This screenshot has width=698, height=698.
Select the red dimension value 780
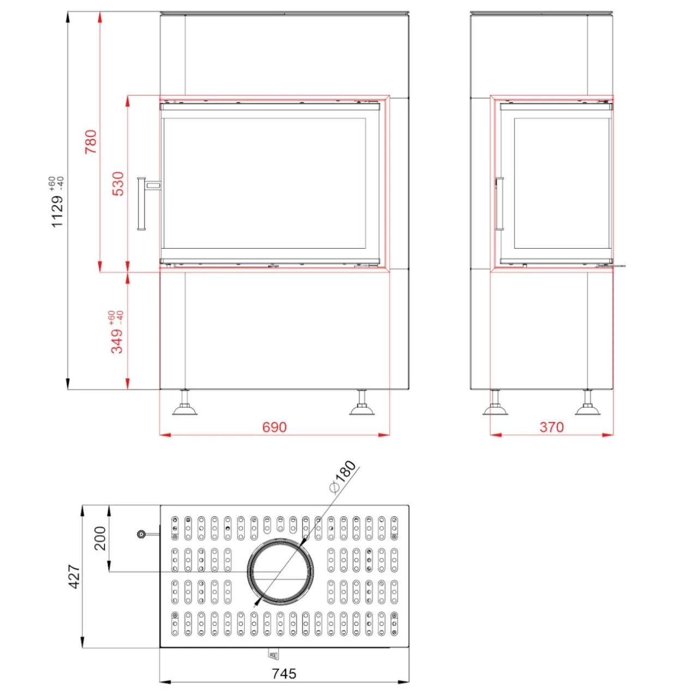pyautogui.click(x=91, y=142)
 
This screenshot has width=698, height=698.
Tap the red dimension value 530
pyautogui.click(x=118, y=184)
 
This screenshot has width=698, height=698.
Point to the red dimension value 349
pyautogui.click(x=117, y=341)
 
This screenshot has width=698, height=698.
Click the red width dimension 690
pyautogui.click(x=274, y=428)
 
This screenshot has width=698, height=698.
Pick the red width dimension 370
pyautogui.click(x=552, y=428)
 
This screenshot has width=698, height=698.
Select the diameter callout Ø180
pyautogui.click(x=342, y=477)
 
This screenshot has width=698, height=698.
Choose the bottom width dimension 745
pyautogui.click(x=284, y=673)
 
